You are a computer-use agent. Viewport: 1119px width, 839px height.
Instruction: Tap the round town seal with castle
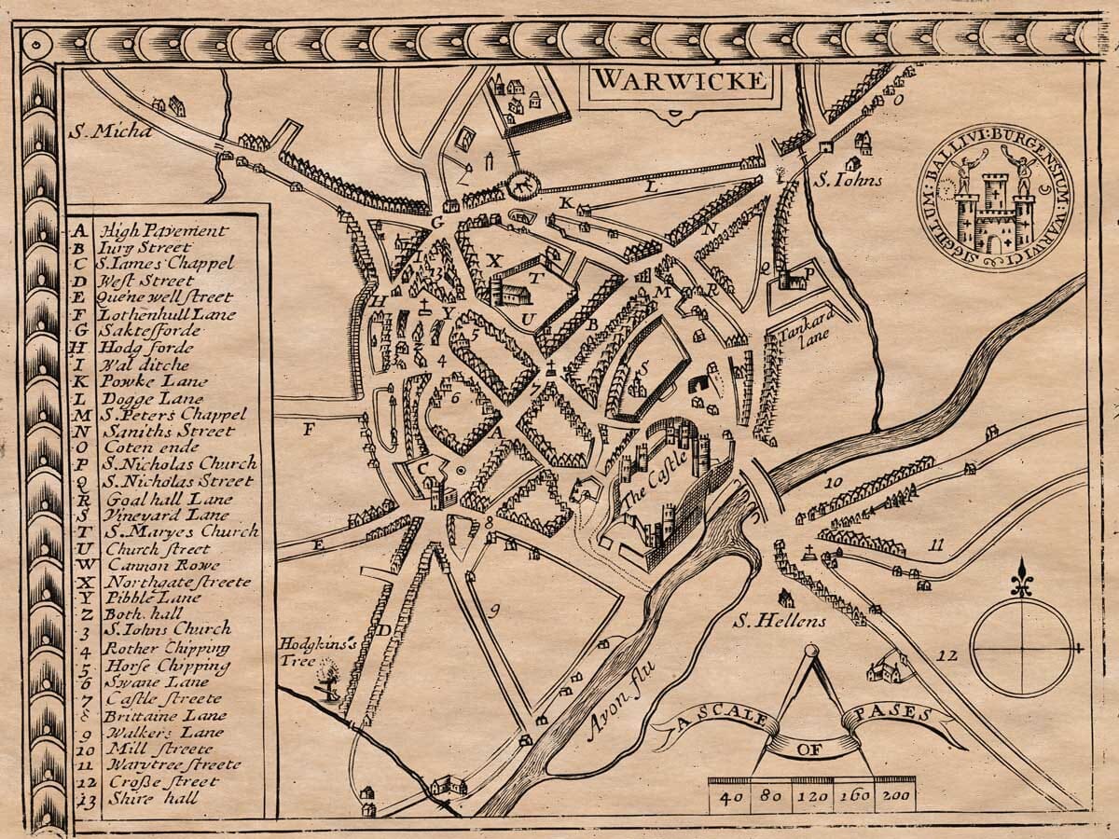[x=997, y=203]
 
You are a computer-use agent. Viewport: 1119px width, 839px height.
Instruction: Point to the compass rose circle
[x=1023, y=646]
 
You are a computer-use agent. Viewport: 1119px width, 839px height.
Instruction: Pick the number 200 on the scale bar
[x=897, y=798]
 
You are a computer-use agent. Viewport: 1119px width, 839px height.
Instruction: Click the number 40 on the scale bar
[x=731, y=798]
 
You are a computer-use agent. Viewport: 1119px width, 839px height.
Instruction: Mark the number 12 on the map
[x=947, y=656]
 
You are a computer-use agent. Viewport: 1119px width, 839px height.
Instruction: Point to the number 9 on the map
[x=494, y=611]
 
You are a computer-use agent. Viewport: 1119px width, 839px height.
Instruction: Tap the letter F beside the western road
[x=309, y=430]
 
